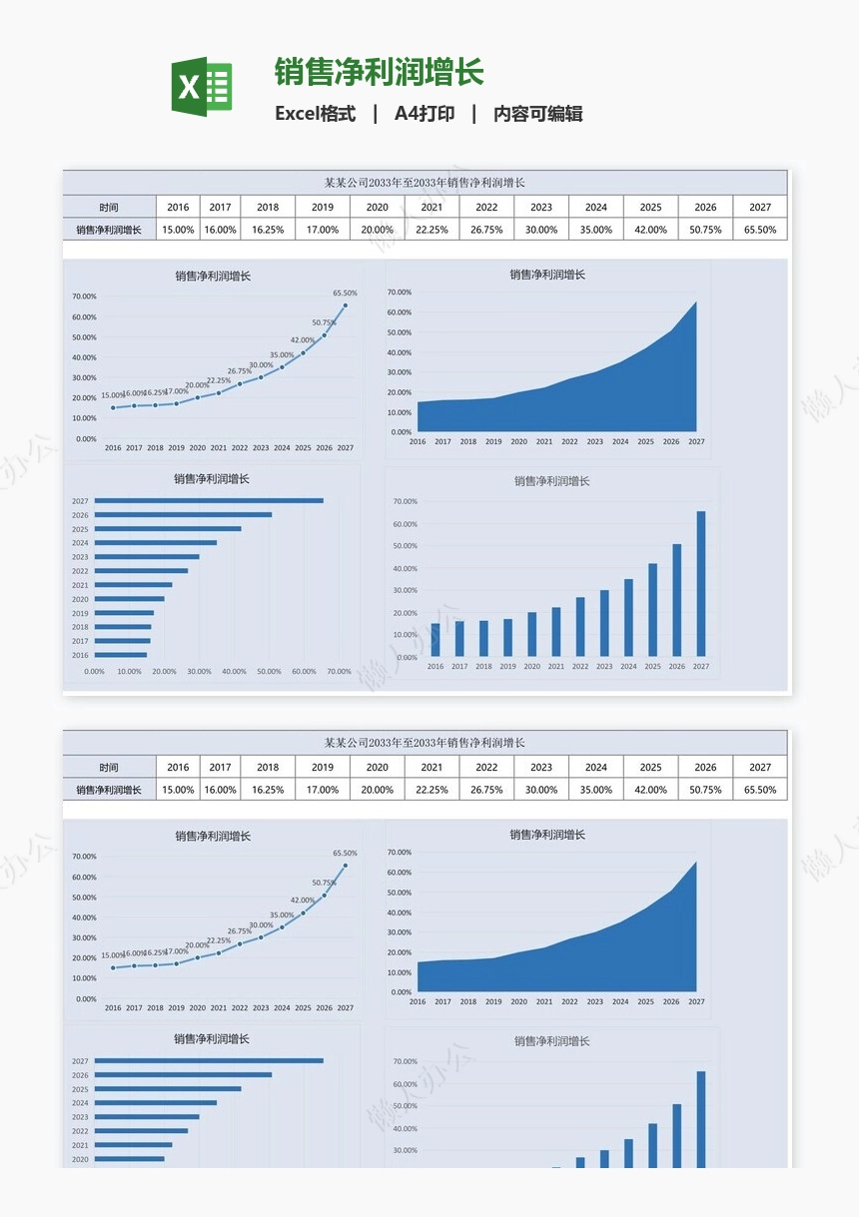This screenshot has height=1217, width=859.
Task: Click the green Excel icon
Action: click(x=202, y=87)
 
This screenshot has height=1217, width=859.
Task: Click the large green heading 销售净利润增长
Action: click(x=380, y=73)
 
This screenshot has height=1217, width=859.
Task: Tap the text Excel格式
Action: click(x=315, y=114)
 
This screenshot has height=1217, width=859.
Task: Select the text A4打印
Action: click(x=425, y=114)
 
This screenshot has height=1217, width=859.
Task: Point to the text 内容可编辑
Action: click(x=538, y=114)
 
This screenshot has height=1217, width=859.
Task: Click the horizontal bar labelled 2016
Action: click(x=121, y=655)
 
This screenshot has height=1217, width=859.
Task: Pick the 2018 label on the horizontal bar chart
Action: click(x=80, y=627)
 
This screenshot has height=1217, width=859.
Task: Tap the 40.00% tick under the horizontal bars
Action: click(x=234, y=672)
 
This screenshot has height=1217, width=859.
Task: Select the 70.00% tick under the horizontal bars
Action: click(x=339, y=672)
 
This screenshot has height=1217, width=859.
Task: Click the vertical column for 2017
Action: click(x=459, y=638)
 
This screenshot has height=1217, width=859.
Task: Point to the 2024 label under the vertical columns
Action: click(x=628, y=666)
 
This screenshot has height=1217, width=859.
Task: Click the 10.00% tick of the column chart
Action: click(x=406, y=635)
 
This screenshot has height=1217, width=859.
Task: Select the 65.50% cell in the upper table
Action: click(x=760, y=230)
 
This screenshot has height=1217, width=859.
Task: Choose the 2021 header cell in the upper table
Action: click(x=431, y=207)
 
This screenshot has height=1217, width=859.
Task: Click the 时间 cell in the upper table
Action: click(x=109, y=207)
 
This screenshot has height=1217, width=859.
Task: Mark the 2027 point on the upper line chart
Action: click(x=346, y=305)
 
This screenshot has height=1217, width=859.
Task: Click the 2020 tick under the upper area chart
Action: click(x=519, y=441)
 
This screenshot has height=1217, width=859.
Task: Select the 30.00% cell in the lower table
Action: click(x=541, y=790)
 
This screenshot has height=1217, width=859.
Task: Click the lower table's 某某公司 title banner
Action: click(x=425, y=743)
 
